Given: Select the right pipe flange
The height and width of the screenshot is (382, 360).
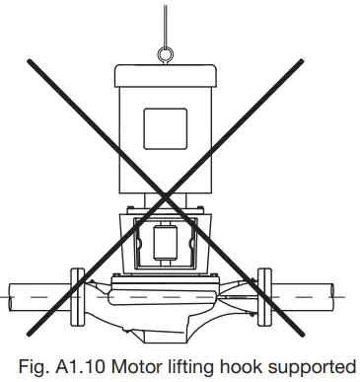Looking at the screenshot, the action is click(262, 292).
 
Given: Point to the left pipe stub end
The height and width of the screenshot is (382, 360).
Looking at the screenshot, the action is click(12, 293).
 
